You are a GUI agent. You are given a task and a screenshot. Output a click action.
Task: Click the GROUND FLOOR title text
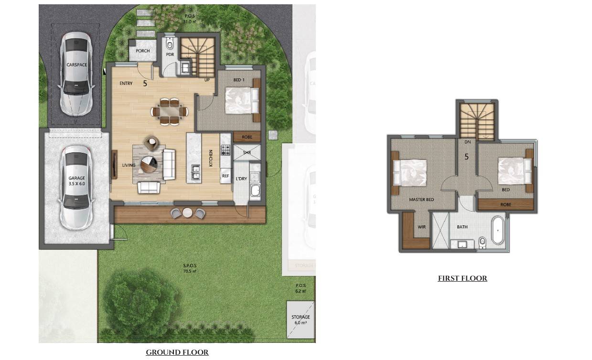tap(177, 352)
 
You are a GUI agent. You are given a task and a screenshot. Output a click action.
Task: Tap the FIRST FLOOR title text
tap(462, 278)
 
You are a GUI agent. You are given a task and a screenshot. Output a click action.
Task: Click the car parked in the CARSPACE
tap(76, 73)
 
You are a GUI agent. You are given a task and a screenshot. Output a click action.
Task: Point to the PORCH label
tap(142, 51)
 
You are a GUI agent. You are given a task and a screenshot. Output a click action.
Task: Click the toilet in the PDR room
tap(170, 44)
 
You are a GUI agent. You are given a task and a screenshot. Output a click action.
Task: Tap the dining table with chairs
tap(170, 111)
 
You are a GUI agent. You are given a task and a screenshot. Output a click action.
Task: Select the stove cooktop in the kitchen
tap(226, 150)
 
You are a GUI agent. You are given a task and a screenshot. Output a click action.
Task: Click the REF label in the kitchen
tap(226, 176)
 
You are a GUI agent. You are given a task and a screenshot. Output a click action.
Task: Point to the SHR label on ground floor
tap(247, 153)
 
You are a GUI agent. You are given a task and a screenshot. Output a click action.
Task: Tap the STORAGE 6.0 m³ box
tap(301, 319)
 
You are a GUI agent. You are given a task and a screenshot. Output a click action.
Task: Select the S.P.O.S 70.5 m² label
tap(190, 268)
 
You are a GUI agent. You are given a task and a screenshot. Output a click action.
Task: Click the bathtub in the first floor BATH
tap(498, 230)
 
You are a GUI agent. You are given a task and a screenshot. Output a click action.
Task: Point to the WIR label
tap(421, 227)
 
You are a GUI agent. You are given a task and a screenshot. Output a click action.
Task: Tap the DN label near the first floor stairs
tap(467, 142)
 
